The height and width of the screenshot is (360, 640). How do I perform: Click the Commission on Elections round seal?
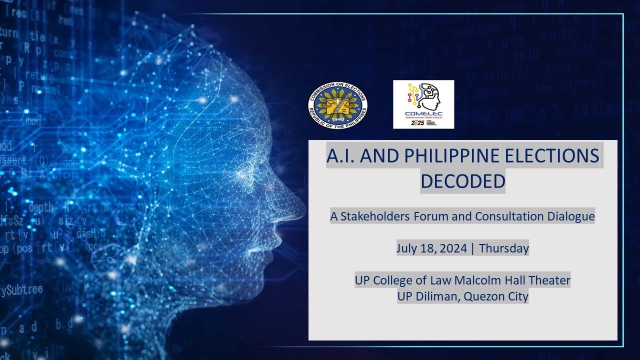point(338,105)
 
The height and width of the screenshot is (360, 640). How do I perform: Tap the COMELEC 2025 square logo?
point(423,104)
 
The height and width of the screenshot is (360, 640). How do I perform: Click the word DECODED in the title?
point(462,181)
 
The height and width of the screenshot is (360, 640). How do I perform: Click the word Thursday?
point(503,248)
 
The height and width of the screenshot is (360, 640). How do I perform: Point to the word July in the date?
point(407,248)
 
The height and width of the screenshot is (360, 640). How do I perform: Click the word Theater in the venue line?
point(548,280)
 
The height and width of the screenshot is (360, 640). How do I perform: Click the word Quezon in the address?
point(482,296)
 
